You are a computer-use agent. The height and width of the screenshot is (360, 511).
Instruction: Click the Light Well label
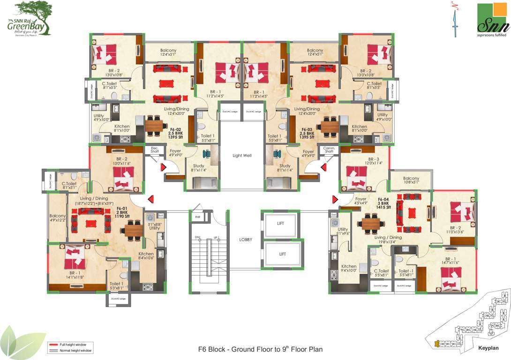click(242, 155)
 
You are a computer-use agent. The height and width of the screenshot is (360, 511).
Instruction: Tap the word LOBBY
click(245, 240)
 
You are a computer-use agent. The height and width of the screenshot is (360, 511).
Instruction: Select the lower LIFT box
click(282, 254)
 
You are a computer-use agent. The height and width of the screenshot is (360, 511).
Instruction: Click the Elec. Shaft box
click(154, 150)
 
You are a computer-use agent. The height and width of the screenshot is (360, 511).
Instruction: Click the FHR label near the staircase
click(197, 217)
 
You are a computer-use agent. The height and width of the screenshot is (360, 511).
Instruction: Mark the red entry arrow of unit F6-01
click(151, 200)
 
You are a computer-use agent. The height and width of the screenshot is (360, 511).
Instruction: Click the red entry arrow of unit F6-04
click(335, 199)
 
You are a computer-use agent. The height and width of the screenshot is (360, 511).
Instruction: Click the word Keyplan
click(488, 348)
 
